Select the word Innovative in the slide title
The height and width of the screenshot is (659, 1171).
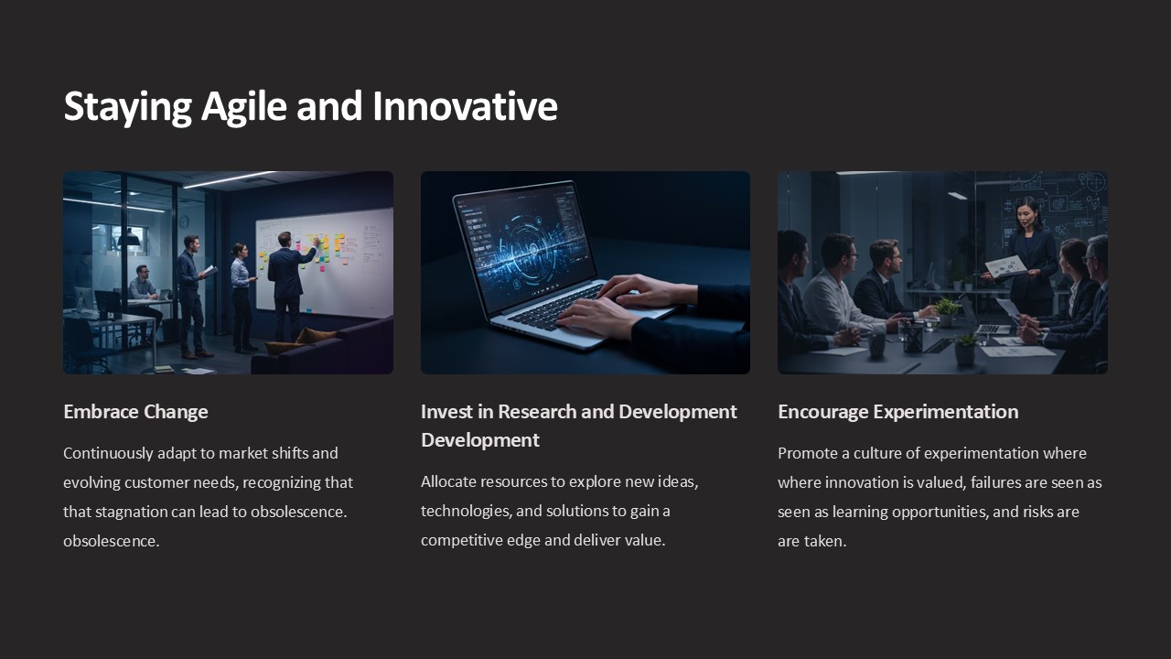click(465, 106)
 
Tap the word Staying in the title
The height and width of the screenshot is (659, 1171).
click(127, 106)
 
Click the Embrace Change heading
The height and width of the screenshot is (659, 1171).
click(135, 412)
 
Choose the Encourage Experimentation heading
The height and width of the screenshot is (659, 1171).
click(897, 412)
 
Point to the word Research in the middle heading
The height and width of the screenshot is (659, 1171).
click(532, 412)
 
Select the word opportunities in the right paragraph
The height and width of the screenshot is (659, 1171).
click(933, 512)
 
